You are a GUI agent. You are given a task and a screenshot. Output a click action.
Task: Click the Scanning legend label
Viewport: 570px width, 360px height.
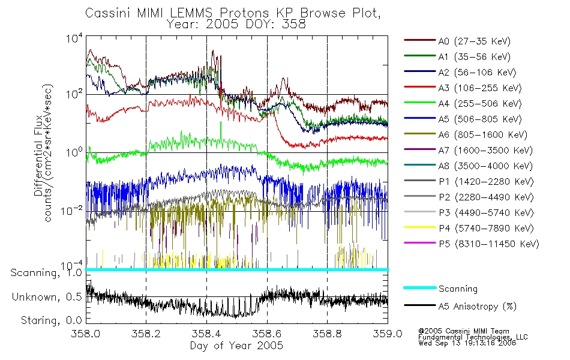point(458,289)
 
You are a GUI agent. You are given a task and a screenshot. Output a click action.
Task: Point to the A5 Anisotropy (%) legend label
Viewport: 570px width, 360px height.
point(478,307)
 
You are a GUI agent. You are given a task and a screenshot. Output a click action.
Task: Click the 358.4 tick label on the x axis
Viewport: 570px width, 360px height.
point(206,334)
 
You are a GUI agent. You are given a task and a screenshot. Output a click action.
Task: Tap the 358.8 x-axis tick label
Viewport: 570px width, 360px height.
point(327,334)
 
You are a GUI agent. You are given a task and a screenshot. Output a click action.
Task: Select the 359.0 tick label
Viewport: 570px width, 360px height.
point(388,334)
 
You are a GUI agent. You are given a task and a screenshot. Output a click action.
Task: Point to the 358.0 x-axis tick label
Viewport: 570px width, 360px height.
point(86,334)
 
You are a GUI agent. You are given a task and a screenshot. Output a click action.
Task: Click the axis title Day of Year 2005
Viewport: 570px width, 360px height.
point(236,346)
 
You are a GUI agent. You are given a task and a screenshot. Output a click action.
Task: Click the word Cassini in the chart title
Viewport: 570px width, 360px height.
point(109,13)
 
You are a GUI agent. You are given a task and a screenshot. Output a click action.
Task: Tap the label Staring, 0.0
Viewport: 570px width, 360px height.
point(51,321)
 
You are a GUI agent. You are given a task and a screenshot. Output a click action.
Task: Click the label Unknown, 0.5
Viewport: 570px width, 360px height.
point(47,297)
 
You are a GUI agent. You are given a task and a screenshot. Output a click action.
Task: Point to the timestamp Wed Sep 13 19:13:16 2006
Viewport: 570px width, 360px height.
point(467,343)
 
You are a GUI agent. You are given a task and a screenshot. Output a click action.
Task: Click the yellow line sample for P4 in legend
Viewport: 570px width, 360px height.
point(419,227)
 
